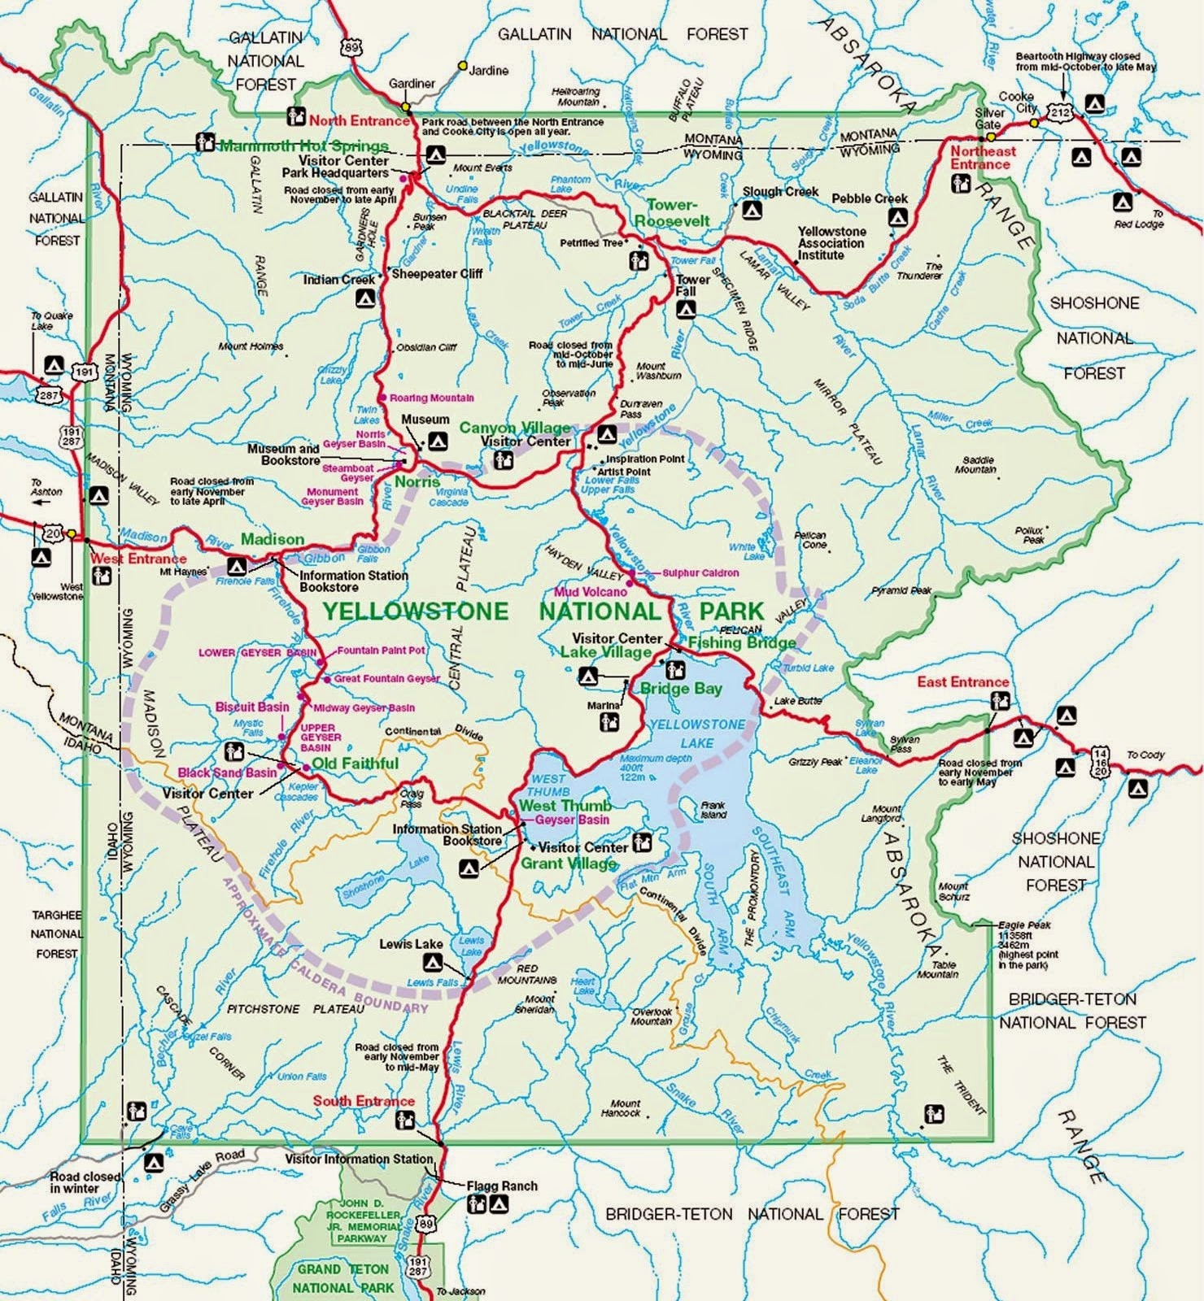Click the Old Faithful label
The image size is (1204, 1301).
click(356, 764)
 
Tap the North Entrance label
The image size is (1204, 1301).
click(359, 120)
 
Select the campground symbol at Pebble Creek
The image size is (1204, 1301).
click(897, 217)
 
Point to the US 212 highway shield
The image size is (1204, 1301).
click(1060, 113)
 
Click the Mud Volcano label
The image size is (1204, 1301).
click(591, 592)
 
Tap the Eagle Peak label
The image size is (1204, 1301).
click(1024, 925)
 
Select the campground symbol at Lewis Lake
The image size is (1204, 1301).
click(432, 964)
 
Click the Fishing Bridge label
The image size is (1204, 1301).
click(742, 642)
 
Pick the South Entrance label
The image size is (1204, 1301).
click(364, 1101)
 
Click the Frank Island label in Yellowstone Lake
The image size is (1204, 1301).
click(713, 810)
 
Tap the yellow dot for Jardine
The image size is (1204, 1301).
click(463, 65)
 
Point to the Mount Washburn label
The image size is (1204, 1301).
click(658, 371)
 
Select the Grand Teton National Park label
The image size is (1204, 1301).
click(342, 1278)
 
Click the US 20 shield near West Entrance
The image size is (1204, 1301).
click(52, 533)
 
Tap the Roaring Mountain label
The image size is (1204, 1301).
click(431, 398)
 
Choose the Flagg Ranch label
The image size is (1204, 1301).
click(502, 1186)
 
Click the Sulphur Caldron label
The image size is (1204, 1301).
click(700, 572)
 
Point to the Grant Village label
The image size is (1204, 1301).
click(569, 863)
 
